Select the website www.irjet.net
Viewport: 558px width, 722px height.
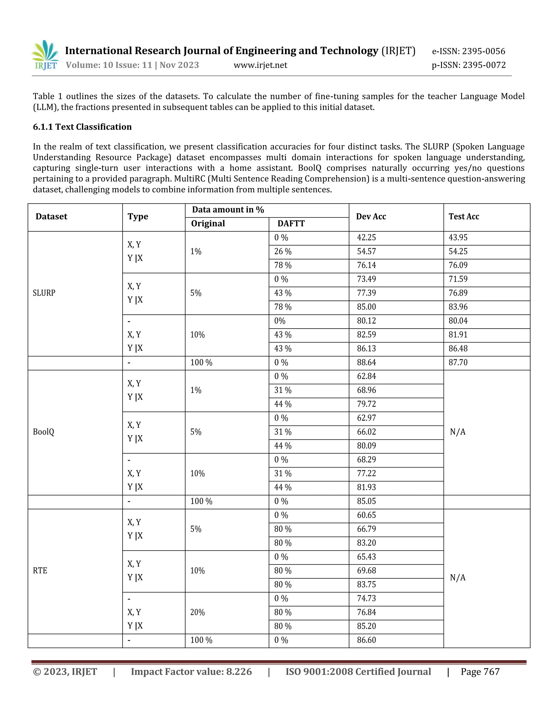(x=260, y=65)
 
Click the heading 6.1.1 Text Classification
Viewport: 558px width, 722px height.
(x=82, y=127)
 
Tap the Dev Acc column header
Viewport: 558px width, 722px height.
(x=371, y=217)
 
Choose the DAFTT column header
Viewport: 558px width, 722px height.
(x=291, y=224)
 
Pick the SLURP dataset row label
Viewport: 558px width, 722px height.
(x=44, y=293)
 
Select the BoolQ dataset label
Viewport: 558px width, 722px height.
(x=43, y=432)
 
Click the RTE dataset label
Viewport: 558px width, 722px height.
(x=40, y=571)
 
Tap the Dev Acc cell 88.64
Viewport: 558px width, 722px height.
(x=366, y=362)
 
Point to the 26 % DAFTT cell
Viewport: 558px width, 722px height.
(x=283, y=251)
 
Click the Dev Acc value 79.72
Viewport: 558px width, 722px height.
(x=366, y=404)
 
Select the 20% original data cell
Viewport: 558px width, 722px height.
(x=197, y=612)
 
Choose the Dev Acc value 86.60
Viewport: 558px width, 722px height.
(x=366, y=640)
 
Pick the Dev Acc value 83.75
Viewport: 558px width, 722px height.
(x=366, y=584)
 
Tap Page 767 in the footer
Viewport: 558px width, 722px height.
(x=480, y=672)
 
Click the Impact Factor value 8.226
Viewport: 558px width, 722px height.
(x=191, y=672)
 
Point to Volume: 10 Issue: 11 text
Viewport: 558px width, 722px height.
(x=109, y=65)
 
